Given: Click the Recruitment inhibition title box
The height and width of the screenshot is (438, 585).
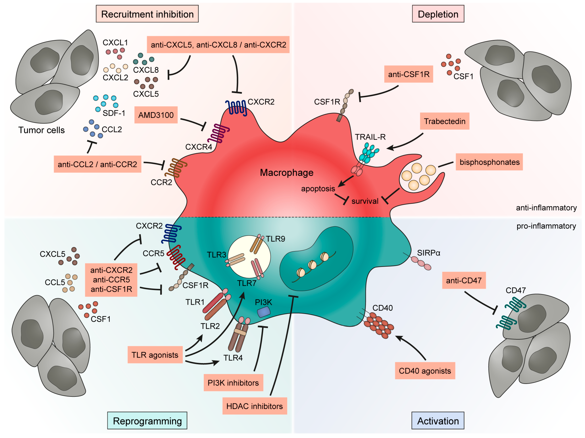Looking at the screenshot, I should tap(147, 14).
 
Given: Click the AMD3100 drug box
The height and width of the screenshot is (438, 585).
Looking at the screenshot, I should tap(156, 115).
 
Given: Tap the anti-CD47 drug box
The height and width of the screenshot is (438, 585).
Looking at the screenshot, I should tap(464, 280).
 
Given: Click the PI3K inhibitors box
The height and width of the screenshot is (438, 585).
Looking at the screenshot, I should tap(233, 383).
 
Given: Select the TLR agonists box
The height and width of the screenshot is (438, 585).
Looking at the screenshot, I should tap(155, 355).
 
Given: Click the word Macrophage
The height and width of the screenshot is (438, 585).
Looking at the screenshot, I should tap(286, 172).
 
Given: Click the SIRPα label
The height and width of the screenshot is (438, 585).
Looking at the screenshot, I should tap(428, 253).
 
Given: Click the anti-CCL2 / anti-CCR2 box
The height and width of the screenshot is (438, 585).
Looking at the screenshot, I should tap(97, 164).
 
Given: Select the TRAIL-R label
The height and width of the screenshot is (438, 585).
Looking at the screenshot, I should tap(370, 137).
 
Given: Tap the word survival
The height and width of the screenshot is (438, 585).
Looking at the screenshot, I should tap(365, 201).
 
